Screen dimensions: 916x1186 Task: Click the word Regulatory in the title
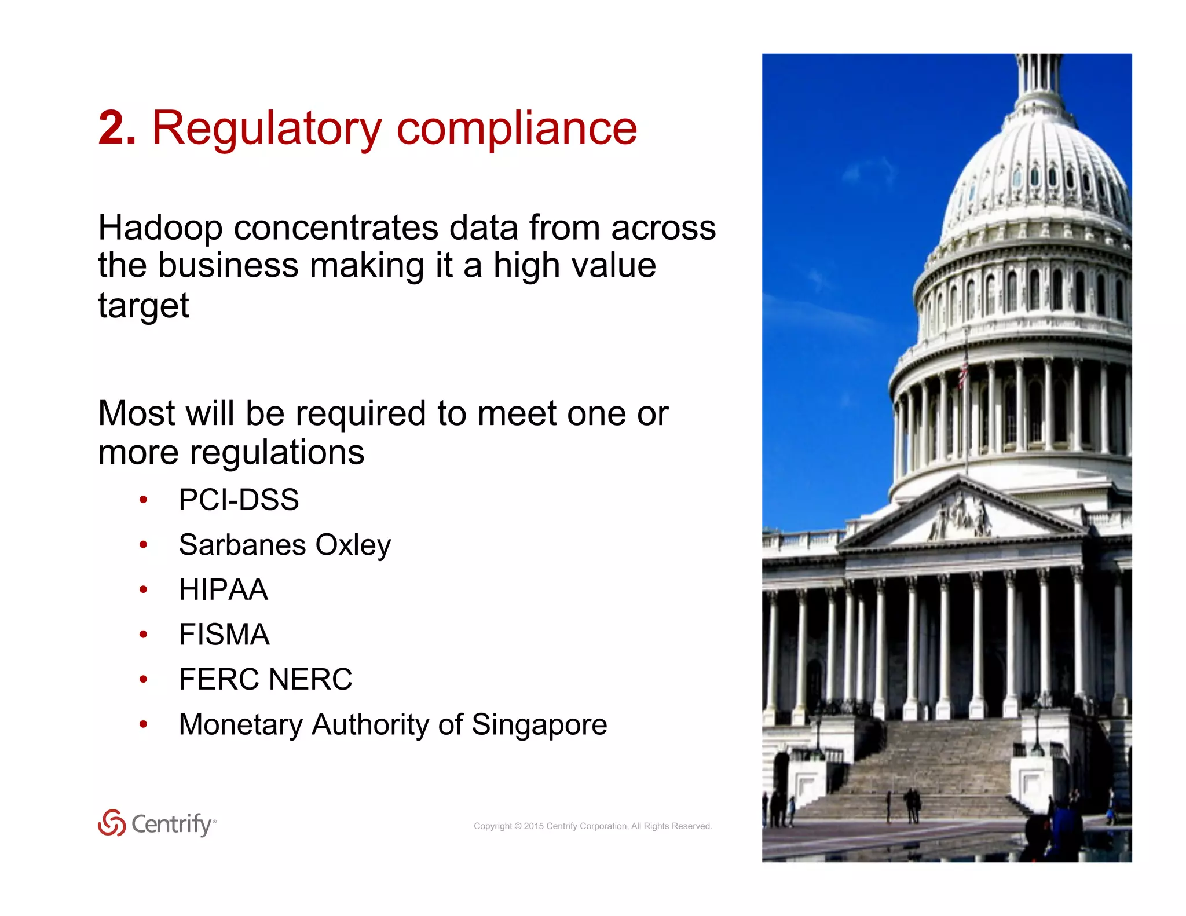point(266,129)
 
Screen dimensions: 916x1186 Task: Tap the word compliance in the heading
point(517,129)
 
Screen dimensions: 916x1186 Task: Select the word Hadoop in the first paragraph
point(160,228)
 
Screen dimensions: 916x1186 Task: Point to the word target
point(143,306)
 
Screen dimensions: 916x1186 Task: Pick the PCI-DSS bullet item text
point(239,500)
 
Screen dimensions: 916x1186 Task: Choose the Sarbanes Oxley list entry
point(284,545)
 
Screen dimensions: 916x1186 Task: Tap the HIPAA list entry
point(223,590)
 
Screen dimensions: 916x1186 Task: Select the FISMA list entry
point(224,635)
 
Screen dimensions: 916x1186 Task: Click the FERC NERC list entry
point(265,679)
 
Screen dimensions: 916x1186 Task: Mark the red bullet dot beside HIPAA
point(143,590)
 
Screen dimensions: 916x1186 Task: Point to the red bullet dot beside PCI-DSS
point(143,500)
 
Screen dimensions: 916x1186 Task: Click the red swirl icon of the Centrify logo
point(112,823)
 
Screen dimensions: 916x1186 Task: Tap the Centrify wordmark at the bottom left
point(173,824)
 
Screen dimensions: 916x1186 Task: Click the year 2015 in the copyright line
point(533,826)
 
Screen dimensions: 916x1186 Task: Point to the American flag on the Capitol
point(962,371)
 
